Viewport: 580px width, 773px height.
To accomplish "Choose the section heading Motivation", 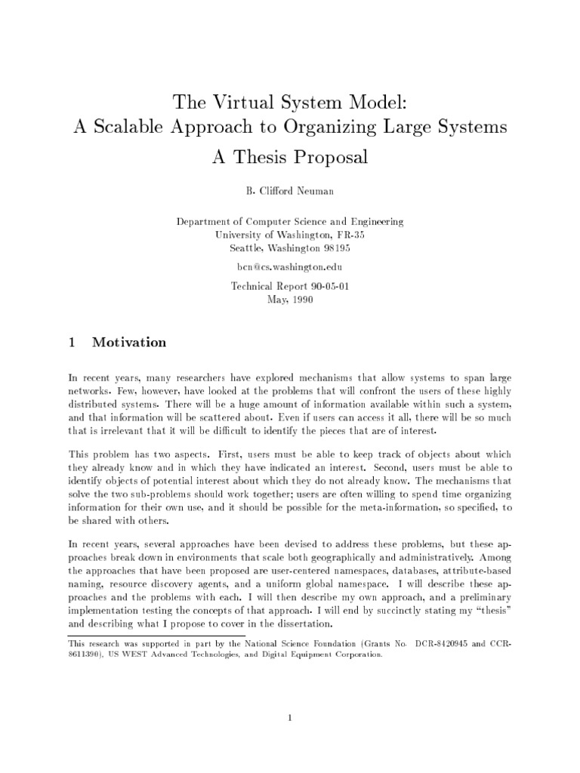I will tap(129, 342).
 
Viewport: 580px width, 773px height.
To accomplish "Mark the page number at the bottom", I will tap(289, 718).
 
